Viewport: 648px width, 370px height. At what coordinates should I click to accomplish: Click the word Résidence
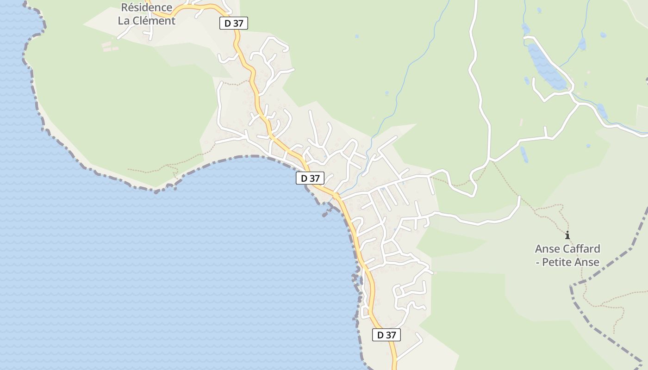pos(147,7)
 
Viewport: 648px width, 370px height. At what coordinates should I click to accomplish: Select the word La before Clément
pos(124,21)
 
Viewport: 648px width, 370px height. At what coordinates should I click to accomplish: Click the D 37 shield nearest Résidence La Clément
pos(234,23)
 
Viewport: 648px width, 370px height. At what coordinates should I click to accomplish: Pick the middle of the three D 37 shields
pos(310,178)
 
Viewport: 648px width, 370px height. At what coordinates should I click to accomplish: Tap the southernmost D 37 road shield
pos(386,335)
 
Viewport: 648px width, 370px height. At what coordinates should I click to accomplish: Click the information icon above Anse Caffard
pos(567,235)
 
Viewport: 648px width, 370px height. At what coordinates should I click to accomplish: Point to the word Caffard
pos(579,249)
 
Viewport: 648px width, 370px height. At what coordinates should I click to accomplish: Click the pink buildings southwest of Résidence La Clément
pos(106,46)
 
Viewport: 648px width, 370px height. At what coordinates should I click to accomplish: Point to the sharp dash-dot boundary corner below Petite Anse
pos(572,286)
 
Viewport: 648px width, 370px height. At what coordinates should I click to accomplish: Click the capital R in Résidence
pos(125,7)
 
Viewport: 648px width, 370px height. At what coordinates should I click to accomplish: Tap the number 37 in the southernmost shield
pos(391,335)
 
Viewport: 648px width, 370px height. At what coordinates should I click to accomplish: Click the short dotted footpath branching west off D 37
pos(236,84)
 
